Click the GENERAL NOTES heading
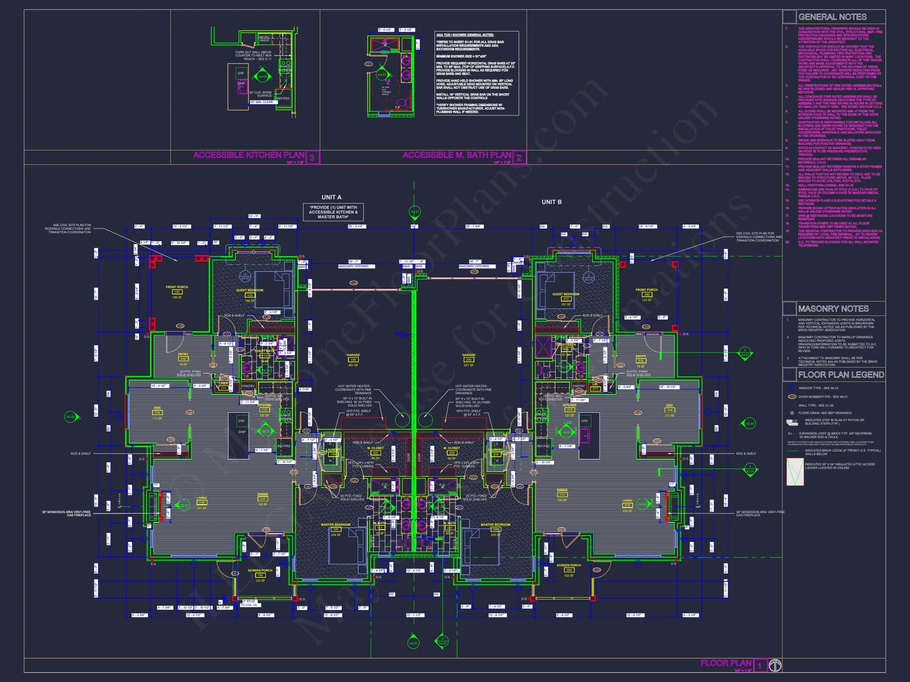832,17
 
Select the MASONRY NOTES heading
833,308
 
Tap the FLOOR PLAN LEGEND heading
841,375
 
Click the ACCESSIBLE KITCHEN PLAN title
248,155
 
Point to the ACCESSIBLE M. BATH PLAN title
457,155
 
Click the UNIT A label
331,197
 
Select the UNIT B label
551,202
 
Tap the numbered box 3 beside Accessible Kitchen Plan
313,157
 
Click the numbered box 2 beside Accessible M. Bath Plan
519,157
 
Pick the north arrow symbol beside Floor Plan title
775,665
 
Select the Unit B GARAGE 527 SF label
468,359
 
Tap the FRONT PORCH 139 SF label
177,292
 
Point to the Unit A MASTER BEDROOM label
336,525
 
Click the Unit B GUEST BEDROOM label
566,294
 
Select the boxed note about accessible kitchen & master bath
333,212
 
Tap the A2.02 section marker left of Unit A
71,417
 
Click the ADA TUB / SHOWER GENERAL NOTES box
476,73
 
